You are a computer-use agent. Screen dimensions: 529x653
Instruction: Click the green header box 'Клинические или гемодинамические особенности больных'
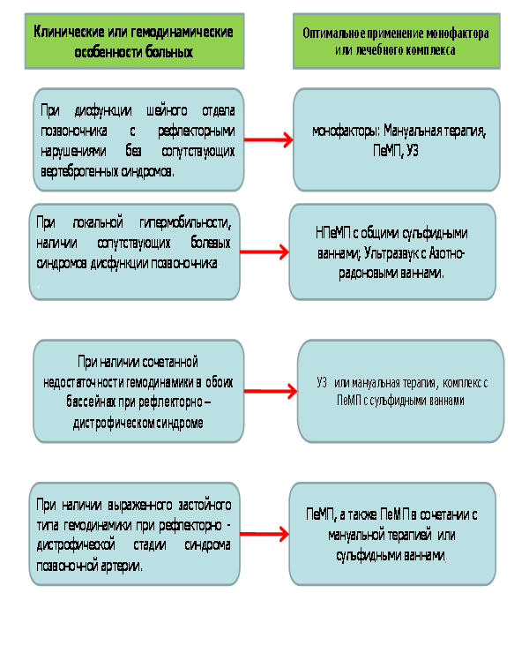click(134, 41)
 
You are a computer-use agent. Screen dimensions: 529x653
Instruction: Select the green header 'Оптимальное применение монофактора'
click(396, 41)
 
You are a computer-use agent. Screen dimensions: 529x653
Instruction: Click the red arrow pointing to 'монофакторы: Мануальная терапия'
click(268, 139)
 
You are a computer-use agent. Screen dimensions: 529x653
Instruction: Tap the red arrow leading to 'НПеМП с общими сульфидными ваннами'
click(264, 251)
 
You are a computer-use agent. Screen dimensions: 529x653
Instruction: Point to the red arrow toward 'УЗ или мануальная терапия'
click(271, 391)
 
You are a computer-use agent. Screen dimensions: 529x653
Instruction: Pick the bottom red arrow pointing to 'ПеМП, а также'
click(264, 534)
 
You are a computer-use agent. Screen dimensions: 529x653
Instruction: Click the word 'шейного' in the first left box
click(167, 111)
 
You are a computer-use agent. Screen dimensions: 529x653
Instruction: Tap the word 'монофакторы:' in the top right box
click(346, 131)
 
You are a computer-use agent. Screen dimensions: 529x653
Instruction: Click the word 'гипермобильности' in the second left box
click(185, 222)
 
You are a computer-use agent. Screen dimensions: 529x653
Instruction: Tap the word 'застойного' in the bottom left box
click(205, 505)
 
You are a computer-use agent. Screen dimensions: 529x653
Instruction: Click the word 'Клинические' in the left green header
click(69, 32)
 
